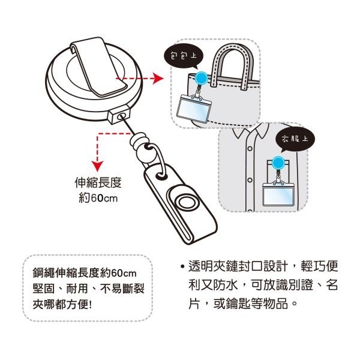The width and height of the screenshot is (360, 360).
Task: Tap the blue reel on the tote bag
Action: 202,77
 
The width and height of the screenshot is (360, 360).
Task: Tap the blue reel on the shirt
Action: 278,162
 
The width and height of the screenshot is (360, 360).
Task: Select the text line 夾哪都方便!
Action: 67,304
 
